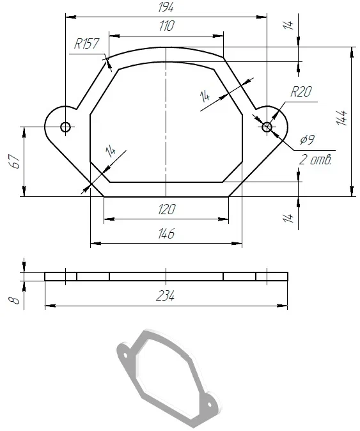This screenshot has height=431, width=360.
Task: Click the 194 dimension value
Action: click(166, 8)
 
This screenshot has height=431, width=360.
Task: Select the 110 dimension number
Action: click(166, 26)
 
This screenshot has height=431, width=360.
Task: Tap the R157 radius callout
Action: click(86, 43)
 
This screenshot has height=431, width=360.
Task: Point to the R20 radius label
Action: click(301, 92)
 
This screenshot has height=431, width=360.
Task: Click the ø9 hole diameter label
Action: click(307, 140)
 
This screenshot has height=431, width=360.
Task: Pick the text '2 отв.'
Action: click(315, 160)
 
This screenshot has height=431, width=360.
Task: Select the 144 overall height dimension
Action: click(341, 118)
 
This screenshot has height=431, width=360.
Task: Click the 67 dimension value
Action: click(15, 161)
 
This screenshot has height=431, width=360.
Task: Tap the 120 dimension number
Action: click(166, 210)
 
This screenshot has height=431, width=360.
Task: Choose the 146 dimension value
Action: click(166, 233)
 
